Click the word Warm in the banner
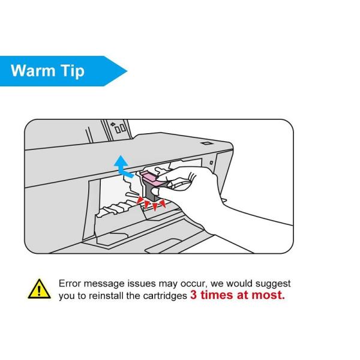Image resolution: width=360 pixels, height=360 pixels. tap(33, 70)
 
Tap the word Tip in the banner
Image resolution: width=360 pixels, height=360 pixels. tap(73, 71)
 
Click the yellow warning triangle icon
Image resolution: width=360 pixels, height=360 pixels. tap(39, 289)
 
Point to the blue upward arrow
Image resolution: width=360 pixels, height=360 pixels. tap(122, 166)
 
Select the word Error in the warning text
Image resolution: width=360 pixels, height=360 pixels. tap(70, 284)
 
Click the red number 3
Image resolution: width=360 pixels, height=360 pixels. tap(193, 295)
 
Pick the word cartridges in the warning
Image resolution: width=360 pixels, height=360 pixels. tap(165, 296)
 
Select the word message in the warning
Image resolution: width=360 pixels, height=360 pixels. tap(104, 284)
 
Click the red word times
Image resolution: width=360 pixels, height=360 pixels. tap(217, 295)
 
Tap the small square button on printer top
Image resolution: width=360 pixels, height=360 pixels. tap(206, 143)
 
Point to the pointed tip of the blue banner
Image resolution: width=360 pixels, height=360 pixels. tap(127, 71)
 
